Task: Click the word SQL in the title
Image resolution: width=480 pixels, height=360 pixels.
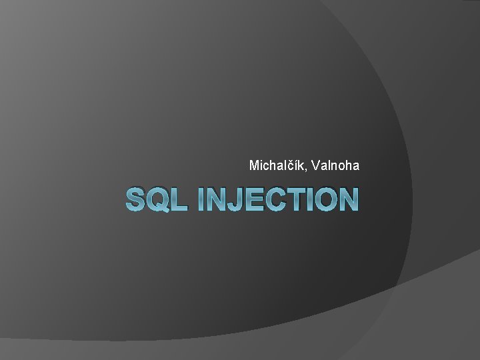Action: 155,199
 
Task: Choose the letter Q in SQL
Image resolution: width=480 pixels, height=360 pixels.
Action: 158,199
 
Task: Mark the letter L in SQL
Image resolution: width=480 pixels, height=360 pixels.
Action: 177,199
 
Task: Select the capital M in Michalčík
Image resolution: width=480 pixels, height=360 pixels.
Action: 253,165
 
